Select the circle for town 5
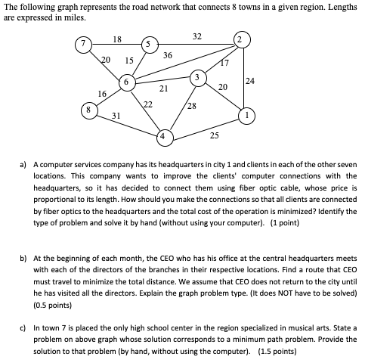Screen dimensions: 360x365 point(150,42)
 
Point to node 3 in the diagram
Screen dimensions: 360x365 point(196,77)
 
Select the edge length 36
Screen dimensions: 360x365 point(167,55)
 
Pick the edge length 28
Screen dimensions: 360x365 point(191,107)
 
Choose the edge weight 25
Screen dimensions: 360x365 point(215,136)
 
